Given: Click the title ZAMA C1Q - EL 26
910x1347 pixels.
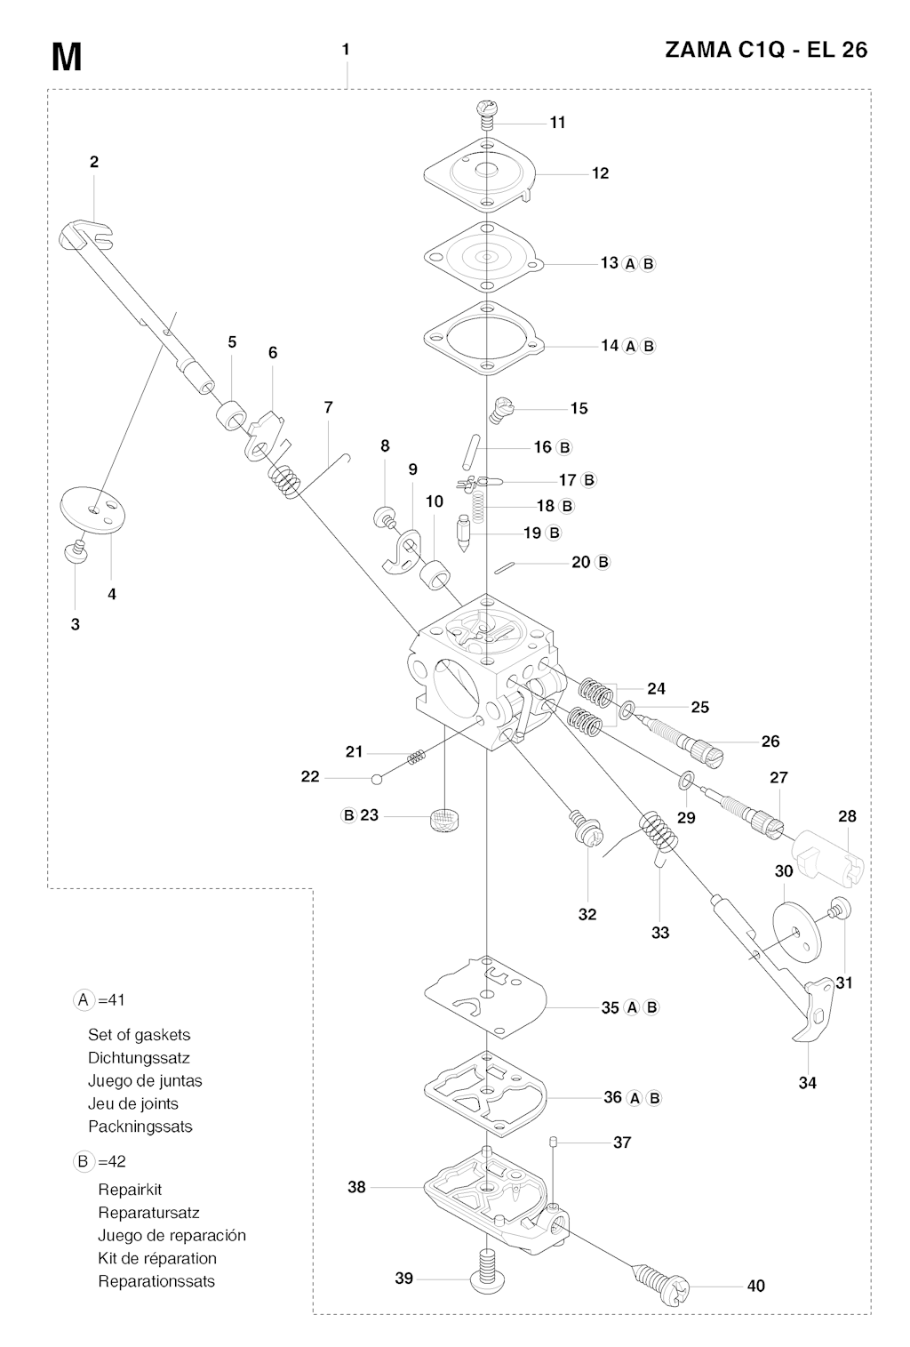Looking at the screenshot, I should (x=766, y=51).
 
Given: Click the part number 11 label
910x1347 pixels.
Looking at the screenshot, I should (x=557, y=123).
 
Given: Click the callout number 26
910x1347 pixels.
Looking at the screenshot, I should (x=770, y=741).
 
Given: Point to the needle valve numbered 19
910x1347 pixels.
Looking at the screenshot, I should (x=464, y=533).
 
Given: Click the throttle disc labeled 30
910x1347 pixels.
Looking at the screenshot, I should (x=794, y=932).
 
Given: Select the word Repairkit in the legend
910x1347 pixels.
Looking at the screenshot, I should (x=130, y=1190).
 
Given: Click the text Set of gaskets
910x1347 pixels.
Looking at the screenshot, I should (x=139, y=1035).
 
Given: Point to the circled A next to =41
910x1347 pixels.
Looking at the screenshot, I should (x=84, y=1000).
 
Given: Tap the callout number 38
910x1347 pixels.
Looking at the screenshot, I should (x=356, y=1187).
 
